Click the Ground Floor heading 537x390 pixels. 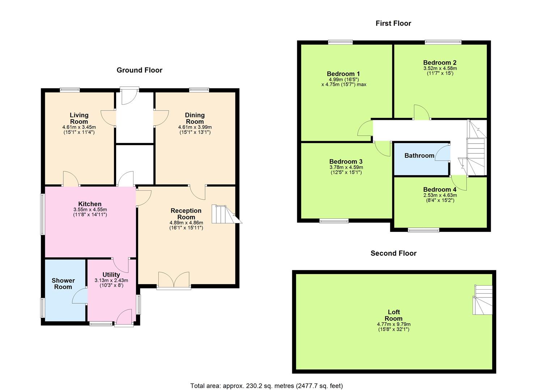click(139, 70)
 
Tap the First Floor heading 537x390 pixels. click(393, 23)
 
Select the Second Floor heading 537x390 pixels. click(393, 253)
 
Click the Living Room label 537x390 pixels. click(79, 118)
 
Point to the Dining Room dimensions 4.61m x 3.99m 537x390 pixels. click(195, 127)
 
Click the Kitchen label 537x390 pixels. click(90, 204)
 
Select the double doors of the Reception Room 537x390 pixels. click(174, 280)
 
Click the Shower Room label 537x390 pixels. click(63, 283)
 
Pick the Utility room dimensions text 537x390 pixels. click(111, 280)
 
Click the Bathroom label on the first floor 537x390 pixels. click(419, 156)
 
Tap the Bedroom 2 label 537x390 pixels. click(440, 62)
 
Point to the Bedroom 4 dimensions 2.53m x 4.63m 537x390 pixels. click(440, 195)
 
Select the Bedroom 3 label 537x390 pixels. click(346, 161)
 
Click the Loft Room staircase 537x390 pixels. click(483, 300)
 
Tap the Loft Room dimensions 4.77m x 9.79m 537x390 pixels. click(393, 324)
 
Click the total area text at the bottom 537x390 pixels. click(267, 386)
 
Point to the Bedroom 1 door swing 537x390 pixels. click(365, 129)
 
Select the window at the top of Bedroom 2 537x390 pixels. click(443, 42)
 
